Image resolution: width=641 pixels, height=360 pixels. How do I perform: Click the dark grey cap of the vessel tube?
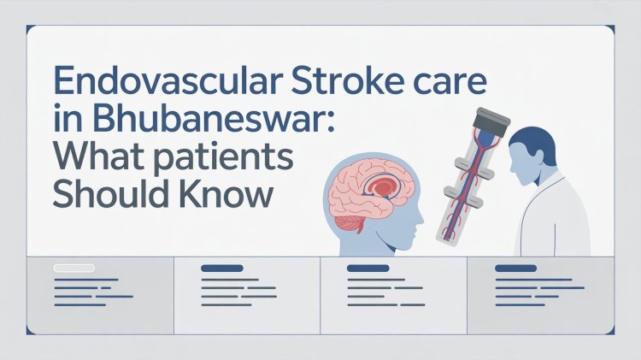click(x=479, y=119)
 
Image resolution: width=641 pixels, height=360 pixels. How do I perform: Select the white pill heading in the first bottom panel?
click(x=74, y=269)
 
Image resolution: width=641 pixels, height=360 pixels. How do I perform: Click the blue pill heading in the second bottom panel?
click(x=221, y=269)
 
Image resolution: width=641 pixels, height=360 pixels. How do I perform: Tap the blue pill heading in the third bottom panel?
click(x=368, y=269)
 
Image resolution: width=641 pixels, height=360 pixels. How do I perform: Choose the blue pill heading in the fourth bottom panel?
click(x=515, y=269)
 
